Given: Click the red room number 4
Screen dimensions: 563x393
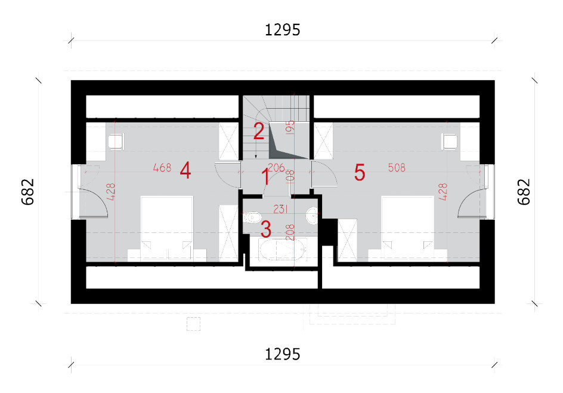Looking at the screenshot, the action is coord(185,170).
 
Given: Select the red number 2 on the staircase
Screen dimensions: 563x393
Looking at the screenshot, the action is coord(259,131).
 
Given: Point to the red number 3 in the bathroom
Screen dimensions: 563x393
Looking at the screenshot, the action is coord(266,229).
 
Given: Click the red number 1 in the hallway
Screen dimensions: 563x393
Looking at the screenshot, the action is coord(265,177).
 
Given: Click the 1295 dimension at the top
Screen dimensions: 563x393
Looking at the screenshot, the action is coord(282,30).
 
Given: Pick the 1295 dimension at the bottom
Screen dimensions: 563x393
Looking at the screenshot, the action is coord(282,355).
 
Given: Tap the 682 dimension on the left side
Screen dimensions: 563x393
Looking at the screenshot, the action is coord(28,192).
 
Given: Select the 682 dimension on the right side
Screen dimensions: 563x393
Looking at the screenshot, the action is coord(524,192).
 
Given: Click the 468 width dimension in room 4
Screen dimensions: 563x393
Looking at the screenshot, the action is coord(162,168).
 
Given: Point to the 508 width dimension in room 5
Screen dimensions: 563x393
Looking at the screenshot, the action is coord(397,168).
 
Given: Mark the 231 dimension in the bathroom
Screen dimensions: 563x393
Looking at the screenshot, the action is coord(280,209).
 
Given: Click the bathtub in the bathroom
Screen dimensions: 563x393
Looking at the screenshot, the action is coord(283,249).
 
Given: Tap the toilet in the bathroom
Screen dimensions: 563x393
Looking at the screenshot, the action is coord(252,217).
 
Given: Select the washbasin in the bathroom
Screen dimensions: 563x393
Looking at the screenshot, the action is coord(312,216).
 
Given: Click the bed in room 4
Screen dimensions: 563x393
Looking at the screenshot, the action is coord(167,228).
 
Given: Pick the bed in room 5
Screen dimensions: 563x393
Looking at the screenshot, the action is coord(407,228).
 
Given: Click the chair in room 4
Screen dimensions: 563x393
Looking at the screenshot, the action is coord(116,142).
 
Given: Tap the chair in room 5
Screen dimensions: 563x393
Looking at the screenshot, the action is coord(450,142).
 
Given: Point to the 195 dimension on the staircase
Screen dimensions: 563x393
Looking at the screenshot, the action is coord(290,127).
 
